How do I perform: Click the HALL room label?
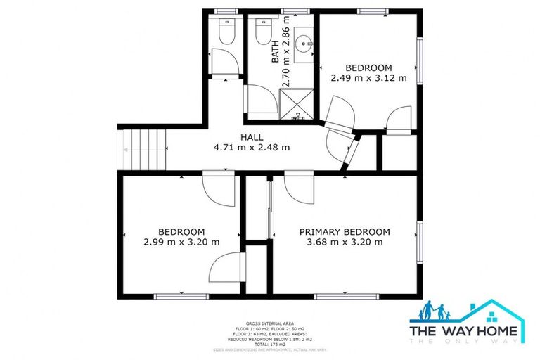point(251,137)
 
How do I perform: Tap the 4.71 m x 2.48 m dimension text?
point(251,148)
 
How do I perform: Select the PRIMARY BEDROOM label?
point(345,232)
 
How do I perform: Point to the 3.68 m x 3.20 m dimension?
point(345,243)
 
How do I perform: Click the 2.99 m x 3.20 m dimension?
point(181,243)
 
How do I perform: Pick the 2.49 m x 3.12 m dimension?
point(368,78)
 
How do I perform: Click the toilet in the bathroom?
point(262,32)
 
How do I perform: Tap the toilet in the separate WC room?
point(226,32)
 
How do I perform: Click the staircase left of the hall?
point(143,150)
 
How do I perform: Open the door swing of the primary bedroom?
point(300,188)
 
